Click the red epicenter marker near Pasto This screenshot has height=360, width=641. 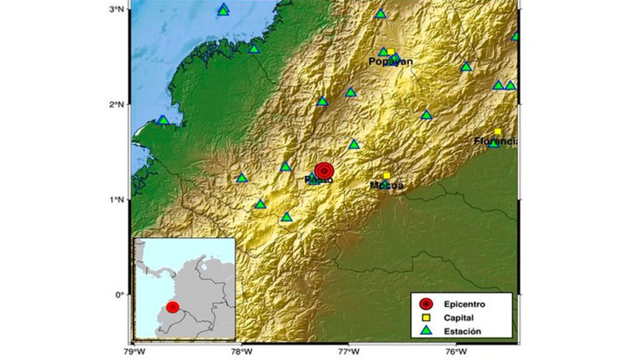coord(324,170)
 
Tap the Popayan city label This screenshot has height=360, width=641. coord(390,61)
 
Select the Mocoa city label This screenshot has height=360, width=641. coord(386,185)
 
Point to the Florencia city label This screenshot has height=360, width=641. coord(495,141)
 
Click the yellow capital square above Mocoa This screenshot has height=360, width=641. coord(387,175)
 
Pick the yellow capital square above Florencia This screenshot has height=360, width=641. coord(498,131)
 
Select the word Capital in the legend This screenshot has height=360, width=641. coord(457,318)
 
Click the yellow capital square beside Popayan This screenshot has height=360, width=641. coord(391,52)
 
